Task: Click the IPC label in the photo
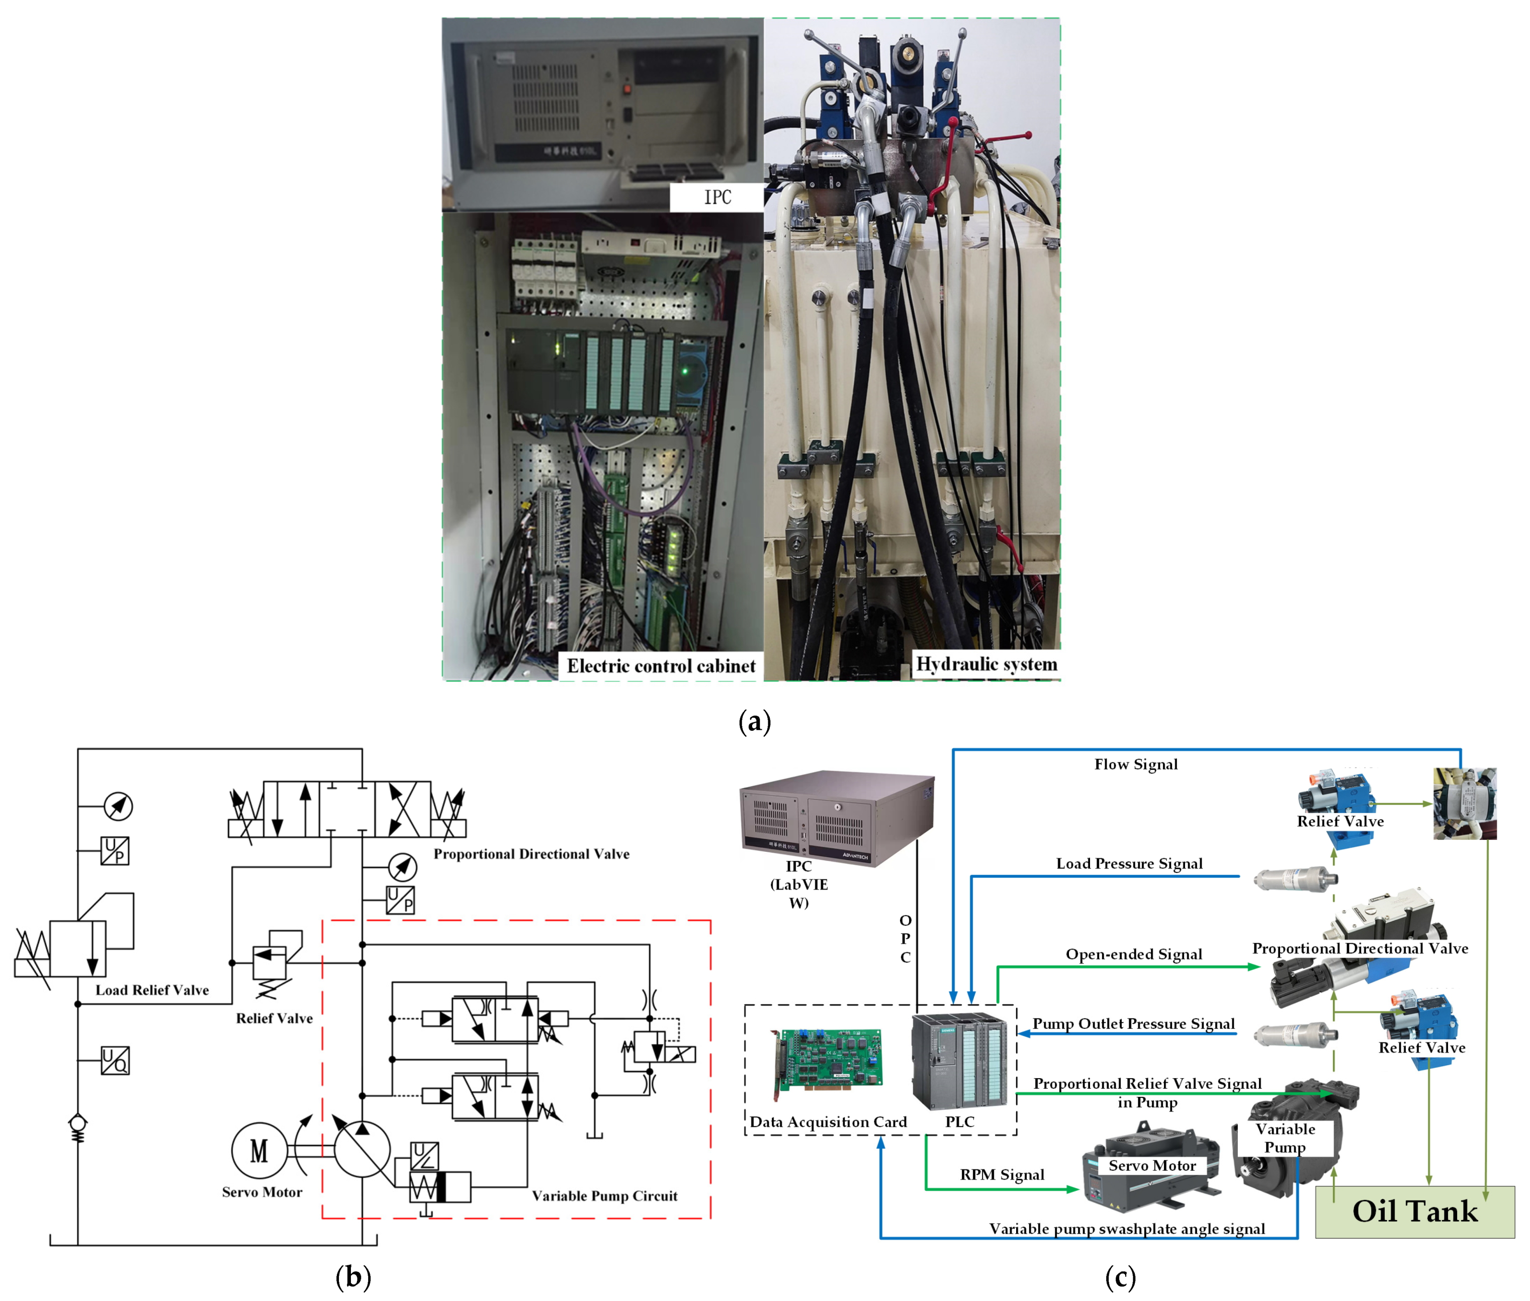click(716, 197)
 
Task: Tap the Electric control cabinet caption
click(661, 666)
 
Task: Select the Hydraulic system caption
click(986, 664)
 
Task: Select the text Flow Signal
click(1135, 764)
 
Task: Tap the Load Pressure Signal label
click(1129, 863)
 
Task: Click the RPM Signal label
click(1002, 1174)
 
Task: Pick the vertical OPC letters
click(906, 938)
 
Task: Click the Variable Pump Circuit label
click(605, 1195)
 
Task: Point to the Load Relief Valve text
click(152, 990)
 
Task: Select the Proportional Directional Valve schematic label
click(531, 853)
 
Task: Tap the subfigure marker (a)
click(754, 721)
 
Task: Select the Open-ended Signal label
click(1133, 953)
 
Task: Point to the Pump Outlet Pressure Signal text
click(1133, 1023)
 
